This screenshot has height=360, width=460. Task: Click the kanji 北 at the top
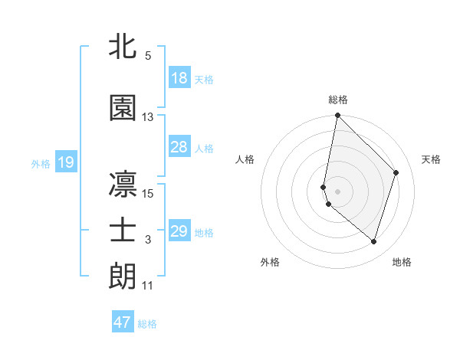coord(123,47)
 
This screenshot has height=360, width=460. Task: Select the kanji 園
coord(123,109)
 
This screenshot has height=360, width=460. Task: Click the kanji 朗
coord(123,275)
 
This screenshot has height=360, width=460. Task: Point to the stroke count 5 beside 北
coord(148,56)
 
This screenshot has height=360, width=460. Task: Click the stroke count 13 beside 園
coord(148,117)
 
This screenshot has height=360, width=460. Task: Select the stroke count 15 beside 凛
coord(148,193)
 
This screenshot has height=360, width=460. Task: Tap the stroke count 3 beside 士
coord(148,240)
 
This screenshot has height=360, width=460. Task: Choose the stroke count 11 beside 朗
coord(148,286)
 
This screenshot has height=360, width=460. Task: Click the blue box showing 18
coord(179,78)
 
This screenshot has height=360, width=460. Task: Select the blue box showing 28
coord(179,147)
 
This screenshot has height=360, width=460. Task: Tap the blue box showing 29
coord(179,231)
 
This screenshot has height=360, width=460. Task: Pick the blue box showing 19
coord(65,162)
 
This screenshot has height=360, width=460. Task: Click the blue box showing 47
coord(123,322)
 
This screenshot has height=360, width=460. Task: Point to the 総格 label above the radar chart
coord(338,100)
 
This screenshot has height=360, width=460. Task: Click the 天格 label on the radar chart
coord(432,159)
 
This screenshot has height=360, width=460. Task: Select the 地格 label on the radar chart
coord(402,262)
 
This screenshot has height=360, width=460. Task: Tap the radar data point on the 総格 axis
coord(337,116)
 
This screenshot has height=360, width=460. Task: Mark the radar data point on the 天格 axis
coord(396,172)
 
